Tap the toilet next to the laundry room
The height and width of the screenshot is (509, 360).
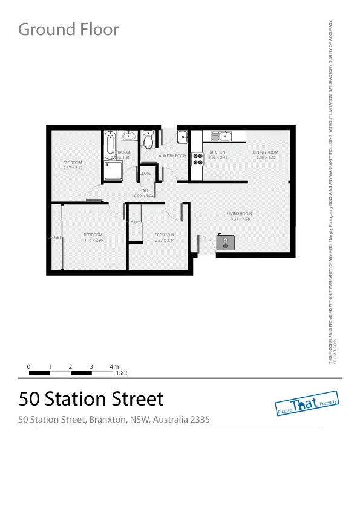pos(148,140)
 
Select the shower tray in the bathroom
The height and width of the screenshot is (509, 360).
pos(113,173)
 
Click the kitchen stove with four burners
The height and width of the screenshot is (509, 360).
pos(197,159)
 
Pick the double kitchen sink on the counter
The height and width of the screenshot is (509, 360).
pos(220,136)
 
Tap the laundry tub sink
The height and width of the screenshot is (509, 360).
pos(182,138)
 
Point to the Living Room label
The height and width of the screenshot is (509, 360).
pos(239,213)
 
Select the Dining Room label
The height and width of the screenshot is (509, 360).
pos(265,152)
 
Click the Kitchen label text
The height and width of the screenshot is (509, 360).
pos(217,152)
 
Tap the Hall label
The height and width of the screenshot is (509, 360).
pos(144,190)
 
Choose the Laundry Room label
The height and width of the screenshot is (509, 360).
pos(171,155)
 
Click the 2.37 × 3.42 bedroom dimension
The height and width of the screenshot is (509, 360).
pos(73,168)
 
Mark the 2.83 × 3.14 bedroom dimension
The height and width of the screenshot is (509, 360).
pos(164,240)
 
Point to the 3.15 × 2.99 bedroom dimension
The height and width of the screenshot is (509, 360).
pos(93,240)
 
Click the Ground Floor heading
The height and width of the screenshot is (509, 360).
pos(68,29)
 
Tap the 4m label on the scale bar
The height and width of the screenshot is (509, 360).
pos(114,366)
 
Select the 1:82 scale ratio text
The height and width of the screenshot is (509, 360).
pos(121,373)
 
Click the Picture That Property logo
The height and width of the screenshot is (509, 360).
pos(306,406)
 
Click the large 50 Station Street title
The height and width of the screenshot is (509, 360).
pos(91,399)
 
